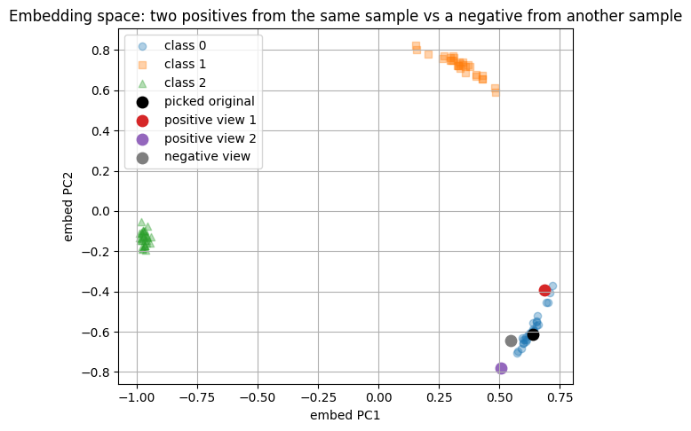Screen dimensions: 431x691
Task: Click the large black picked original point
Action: click(x=533, y=334)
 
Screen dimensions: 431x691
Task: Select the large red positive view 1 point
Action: click(x=544, y=291)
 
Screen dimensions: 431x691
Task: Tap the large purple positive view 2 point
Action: click(x=501, y=368)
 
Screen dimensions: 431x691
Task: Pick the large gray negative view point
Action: click(x=511, y=341)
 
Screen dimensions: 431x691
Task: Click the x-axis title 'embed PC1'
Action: click(x=345, y=415)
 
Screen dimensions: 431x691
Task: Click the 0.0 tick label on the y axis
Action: click(x=98, y=211)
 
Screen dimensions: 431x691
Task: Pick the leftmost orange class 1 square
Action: click(x=416, y=45)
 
